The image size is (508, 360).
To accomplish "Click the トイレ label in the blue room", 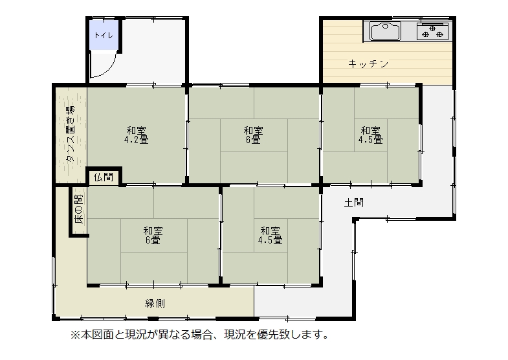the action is [x=104, y=35].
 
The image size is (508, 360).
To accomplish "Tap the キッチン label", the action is [x=368, y=64].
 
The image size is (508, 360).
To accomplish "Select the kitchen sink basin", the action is [x=385, y=31].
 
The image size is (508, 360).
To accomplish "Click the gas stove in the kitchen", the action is [x=432, y=32].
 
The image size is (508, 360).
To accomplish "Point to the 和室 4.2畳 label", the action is [x=137, y=135].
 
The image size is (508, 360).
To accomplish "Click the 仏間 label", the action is [x=104, y=177].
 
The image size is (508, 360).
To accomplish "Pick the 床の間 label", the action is [x=79, y=209].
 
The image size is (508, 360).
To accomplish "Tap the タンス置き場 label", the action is [x=70, y=133].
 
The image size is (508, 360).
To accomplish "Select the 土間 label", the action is [x=353, y=203].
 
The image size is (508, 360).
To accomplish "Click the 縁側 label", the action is [x=155, y=304].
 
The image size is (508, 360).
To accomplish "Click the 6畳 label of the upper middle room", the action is [x=253, y=140].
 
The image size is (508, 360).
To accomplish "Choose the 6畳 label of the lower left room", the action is [x=153, y=240].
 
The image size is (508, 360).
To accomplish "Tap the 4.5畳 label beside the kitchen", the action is [x=371, y=140].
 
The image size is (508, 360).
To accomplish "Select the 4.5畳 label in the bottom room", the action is [x=271, y=240].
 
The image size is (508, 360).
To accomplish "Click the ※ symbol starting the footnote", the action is [x=75, y=334].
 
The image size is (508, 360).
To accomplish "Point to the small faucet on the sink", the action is [x=385, y=27].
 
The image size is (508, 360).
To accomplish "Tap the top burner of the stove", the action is [x=432, y=28].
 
